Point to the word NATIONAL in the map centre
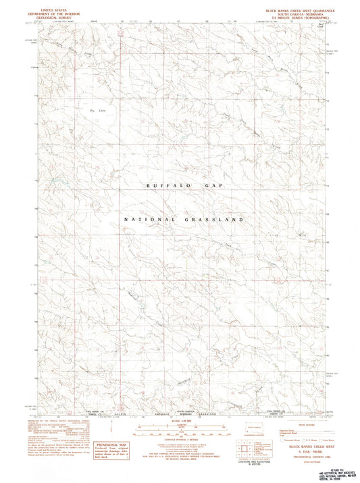tap(148, 220)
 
